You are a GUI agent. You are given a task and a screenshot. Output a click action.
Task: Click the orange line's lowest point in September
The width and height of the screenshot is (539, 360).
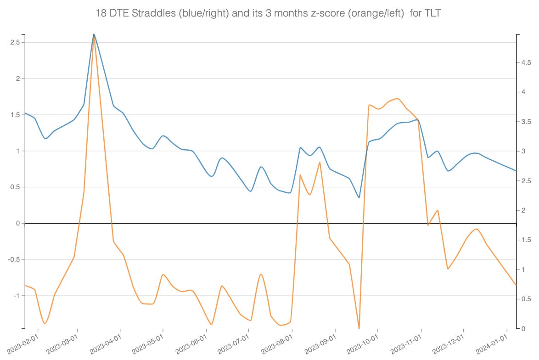[359, 328]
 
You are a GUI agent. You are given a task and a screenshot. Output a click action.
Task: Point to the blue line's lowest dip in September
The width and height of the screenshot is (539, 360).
[359, 197]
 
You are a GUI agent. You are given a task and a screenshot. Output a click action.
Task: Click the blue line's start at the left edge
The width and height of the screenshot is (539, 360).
[25, 113]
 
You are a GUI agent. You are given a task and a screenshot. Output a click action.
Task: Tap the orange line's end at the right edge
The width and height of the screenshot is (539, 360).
[516, 285]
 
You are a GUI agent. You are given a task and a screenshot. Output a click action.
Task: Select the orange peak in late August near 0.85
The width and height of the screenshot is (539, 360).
[320, 162]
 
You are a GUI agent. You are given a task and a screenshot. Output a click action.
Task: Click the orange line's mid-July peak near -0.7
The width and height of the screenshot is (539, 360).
[261, 274]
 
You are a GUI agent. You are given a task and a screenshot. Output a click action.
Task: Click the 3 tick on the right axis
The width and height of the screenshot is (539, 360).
[523, 152]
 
